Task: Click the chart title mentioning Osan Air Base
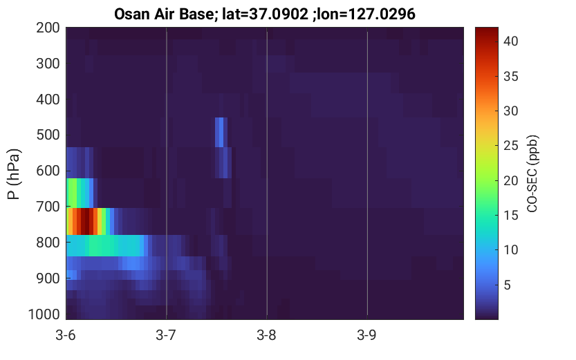(x=264, y=15)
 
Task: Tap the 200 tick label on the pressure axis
(x=48, y=28)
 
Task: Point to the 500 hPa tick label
(x=48, y=135)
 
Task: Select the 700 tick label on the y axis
(x=48, y=207)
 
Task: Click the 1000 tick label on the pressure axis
(x=44, y=314)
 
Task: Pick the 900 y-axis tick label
(x=48, y=278)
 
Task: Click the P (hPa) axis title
(x=14, y=174)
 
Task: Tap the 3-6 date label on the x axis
(x=66, y=335)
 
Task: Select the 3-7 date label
(x=166, y=335)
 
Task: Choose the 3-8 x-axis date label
(x=266, y=335)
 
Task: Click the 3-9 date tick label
(x=366, y=335)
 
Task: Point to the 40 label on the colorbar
(x=510, y=41)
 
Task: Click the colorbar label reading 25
(x=510, y=146)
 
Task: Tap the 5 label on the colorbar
(x=507, y=285)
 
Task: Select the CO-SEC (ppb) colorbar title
(x=532, y=173)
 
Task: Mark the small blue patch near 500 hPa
(x=219, y=132)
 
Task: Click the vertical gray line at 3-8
(x=267, y=173)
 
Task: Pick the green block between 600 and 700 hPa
(x=75, y=193)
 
